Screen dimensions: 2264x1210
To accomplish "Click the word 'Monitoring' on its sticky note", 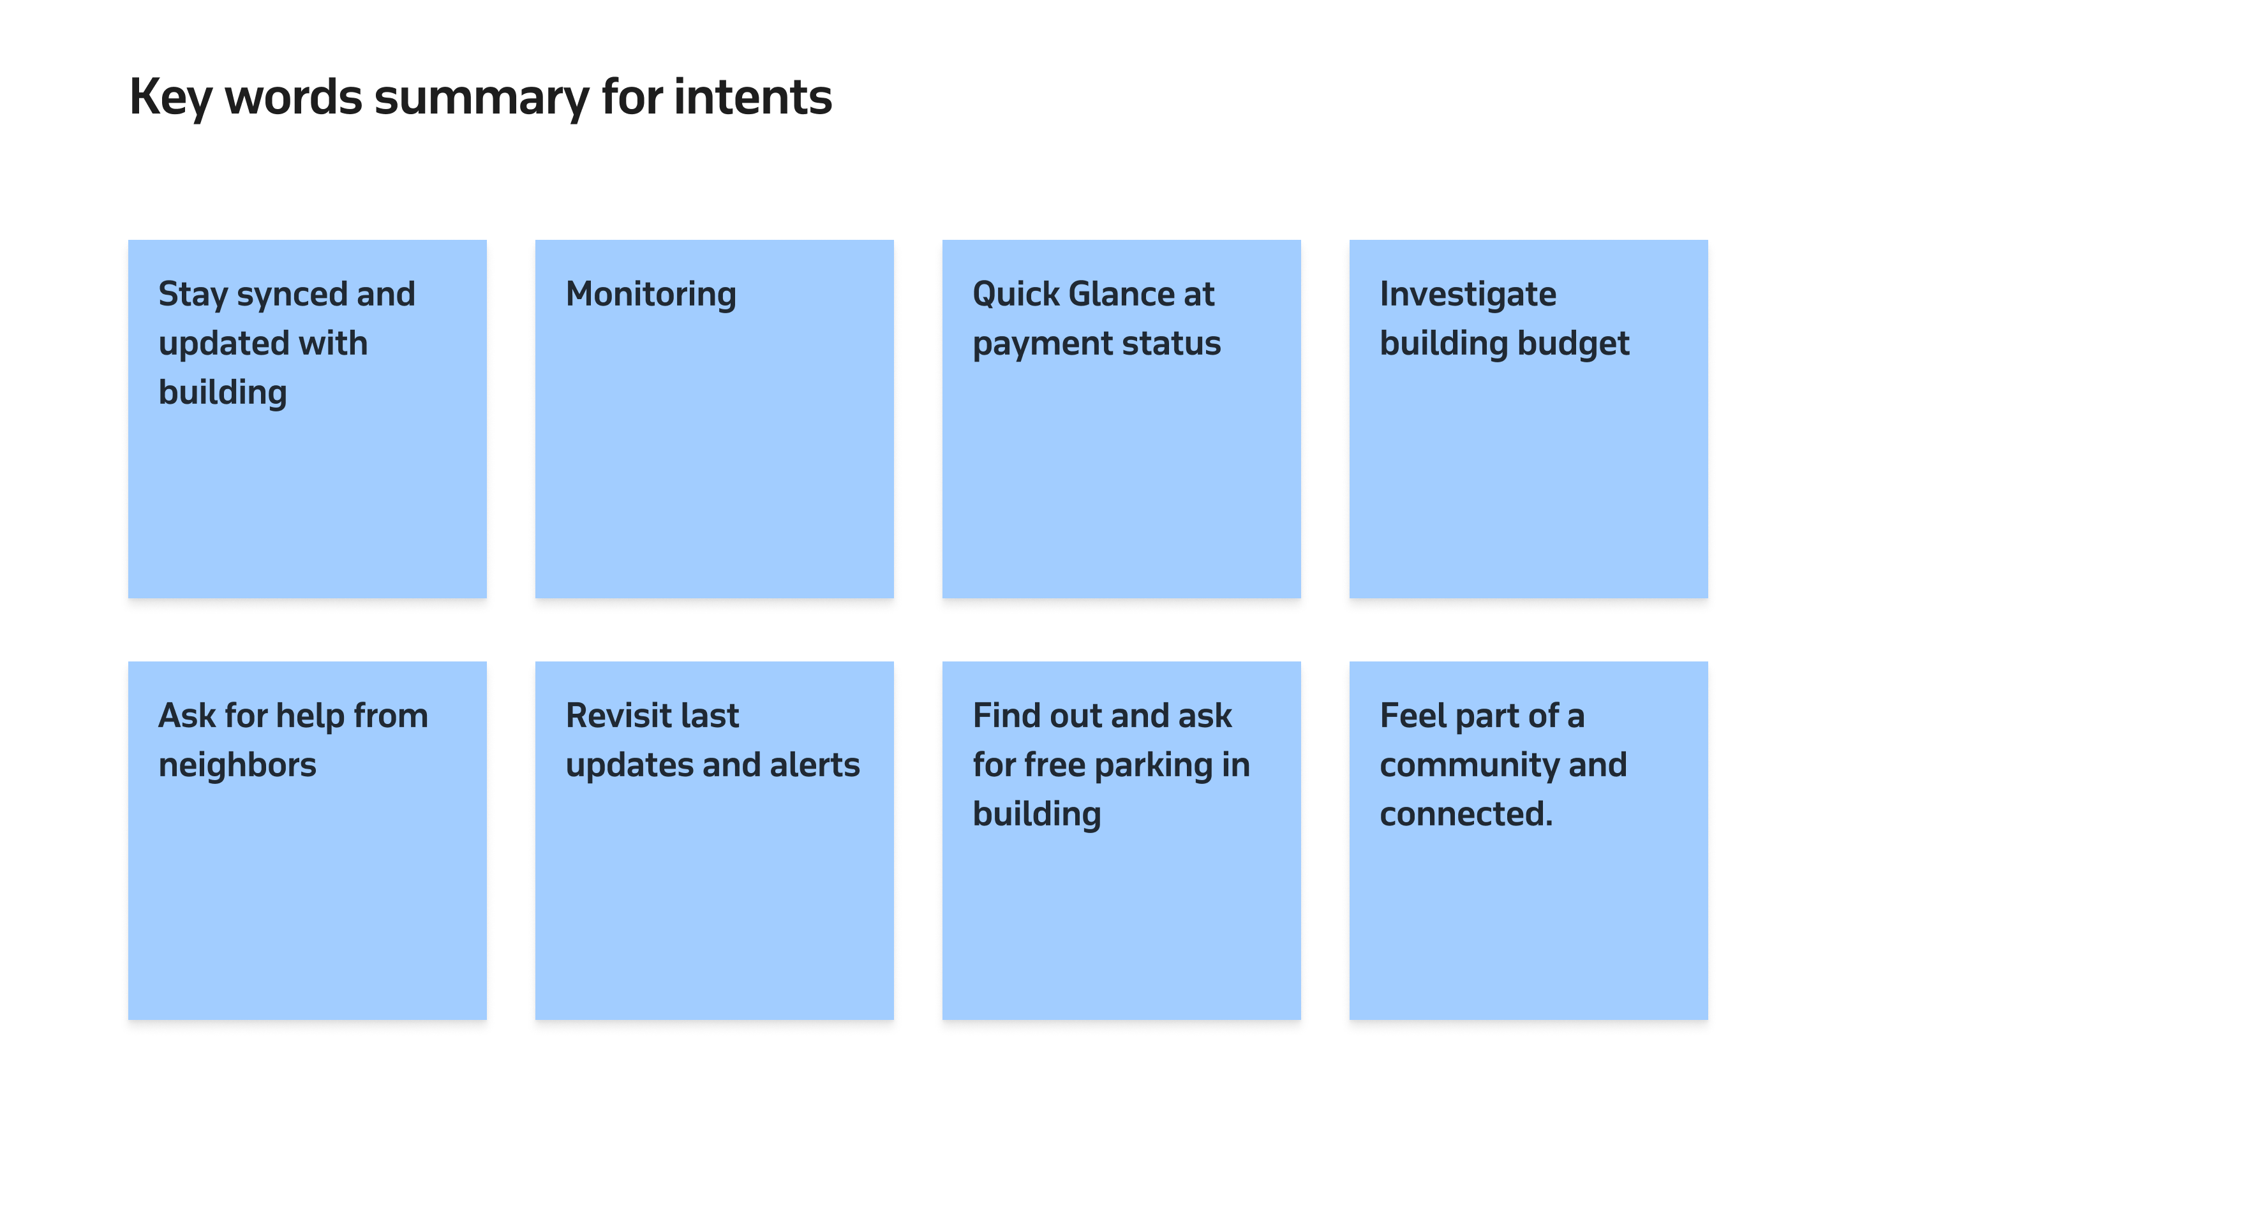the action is pos(650,295).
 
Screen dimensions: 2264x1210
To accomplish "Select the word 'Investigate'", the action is pos(1467,295).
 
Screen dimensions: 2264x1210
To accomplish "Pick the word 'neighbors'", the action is pos(237,765).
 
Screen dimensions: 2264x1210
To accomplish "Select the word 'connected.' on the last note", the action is pos(1465,815).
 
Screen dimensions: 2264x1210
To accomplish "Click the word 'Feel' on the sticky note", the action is pos(1411,716).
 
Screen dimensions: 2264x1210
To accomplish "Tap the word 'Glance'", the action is pos(1121,295).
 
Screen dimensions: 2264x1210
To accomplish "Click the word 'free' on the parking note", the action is pos(1055,765).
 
